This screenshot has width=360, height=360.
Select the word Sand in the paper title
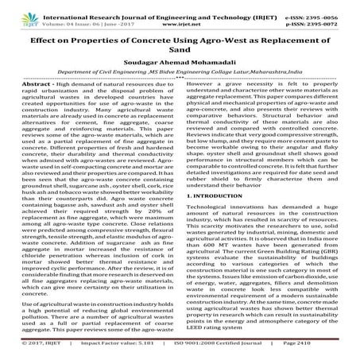tap(180, 48)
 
